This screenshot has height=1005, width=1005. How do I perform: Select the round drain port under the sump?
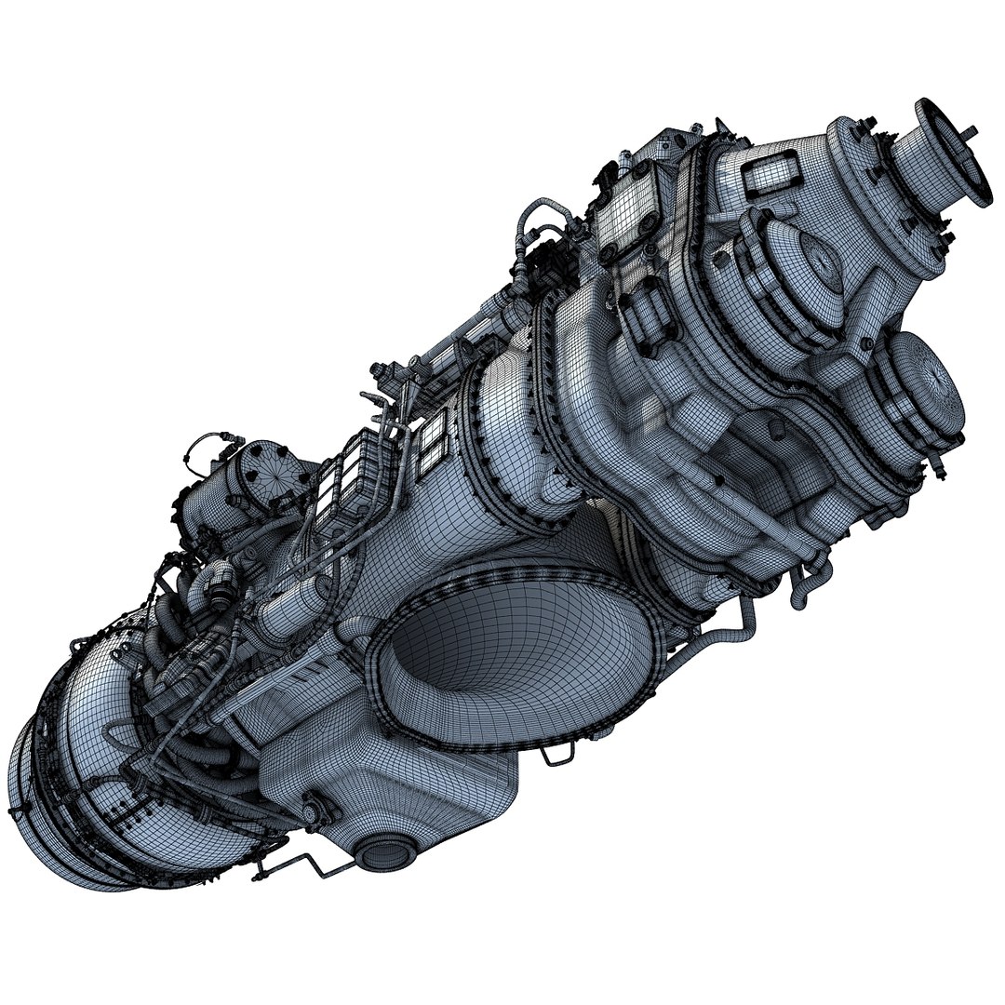tap(379, 851)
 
